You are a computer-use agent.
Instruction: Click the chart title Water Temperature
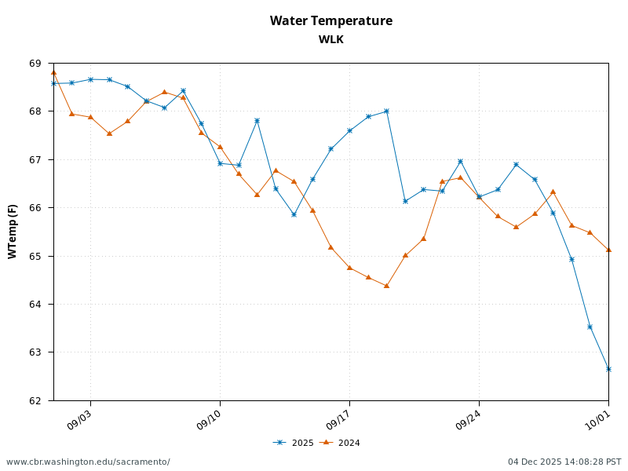coord(330,21)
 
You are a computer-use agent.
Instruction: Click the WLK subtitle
coord(330,39)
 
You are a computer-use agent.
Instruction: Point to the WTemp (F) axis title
coord(13,232)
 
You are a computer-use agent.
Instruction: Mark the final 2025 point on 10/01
coord(608,369)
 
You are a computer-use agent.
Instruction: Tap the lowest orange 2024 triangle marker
coord(386,286)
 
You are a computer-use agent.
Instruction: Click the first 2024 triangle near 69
coord(53,72)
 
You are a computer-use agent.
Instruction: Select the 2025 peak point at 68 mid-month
coord(386,111)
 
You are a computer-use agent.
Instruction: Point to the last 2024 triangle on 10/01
coord(608,250)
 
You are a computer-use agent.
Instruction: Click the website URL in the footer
coord(88,462)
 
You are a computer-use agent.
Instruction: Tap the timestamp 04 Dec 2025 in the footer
coord(564,462)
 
